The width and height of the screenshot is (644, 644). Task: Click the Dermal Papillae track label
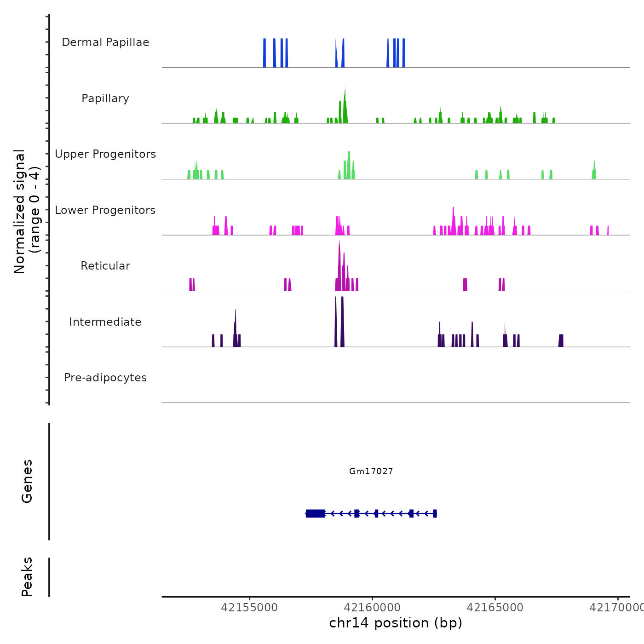pos(105,42)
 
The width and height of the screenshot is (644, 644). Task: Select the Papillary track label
pos(105,98)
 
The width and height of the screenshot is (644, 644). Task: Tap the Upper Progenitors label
pos(105,154)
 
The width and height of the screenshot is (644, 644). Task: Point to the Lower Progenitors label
pos(105,210)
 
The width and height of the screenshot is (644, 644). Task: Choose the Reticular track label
pos(105,266)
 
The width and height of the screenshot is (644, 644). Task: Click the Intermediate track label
pos(105,322)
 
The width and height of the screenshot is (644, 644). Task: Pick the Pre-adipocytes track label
pos(105,378)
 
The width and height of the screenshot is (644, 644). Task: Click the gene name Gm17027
pos(371,471)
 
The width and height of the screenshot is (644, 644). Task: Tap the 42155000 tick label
pos(249,608)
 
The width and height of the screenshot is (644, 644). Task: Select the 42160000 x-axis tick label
pos(372,608)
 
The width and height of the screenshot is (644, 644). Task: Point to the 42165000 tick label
pos(495,608)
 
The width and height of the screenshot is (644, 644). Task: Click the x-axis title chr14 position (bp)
pos(396,623)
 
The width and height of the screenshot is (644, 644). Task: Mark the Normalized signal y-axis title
pos(27,211)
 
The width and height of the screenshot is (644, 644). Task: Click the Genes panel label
pos(27,481)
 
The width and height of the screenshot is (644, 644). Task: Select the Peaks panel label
pos(27,577)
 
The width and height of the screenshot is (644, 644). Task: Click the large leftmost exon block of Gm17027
pos(316,513)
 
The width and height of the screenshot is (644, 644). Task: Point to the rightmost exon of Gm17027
pos(435,513)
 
